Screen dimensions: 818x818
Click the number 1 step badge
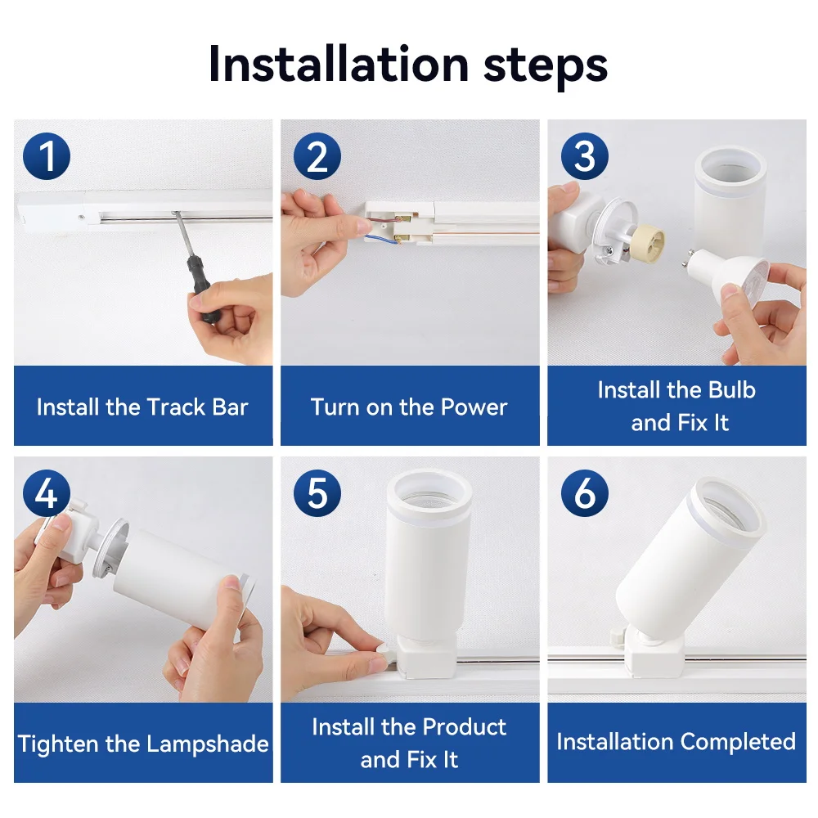click(47, 156)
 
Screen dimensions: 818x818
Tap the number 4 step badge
click(47, 493)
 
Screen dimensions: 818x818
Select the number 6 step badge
click(584, 493)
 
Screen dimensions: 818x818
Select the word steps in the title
click(545, 65)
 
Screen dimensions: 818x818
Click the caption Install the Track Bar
click(142, 407)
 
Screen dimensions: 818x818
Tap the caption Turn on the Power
click(409, 407)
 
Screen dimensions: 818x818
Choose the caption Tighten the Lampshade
click(143, 744)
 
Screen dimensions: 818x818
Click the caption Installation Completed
click(676, 742)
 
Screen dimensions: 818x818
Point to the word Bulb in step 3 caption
click(731, 390)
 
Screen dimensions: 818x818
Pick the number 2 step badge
click(317, 156)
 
